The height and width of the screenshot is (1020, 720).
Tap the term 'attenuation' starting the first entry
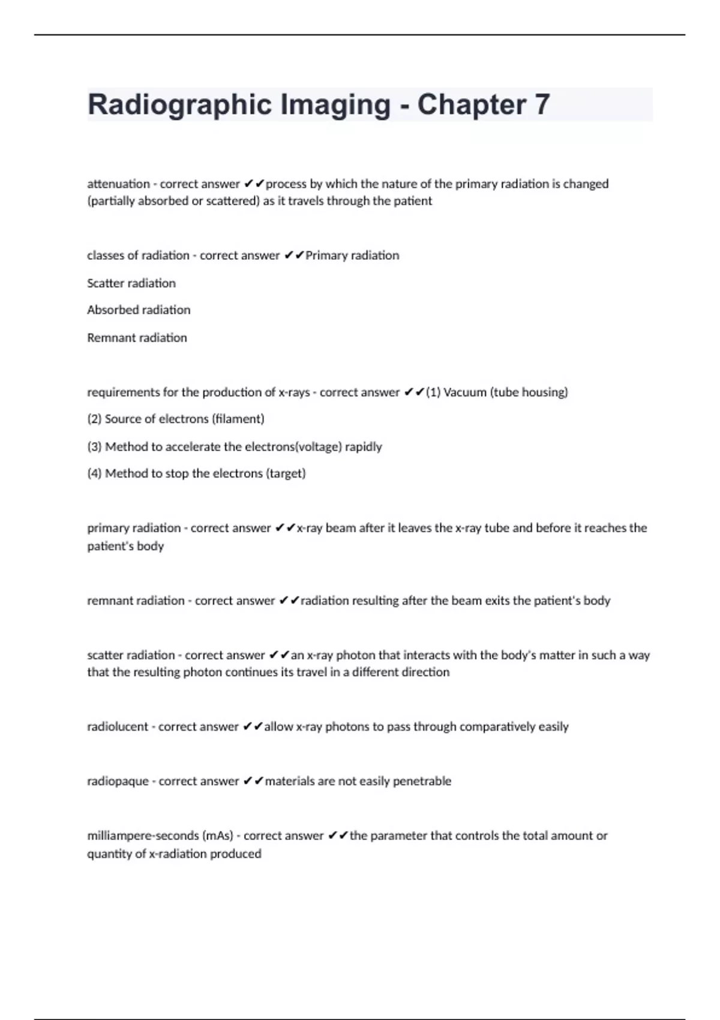click(118, 184)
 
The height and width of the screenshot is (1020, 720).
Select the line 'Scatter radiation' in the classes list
click(131, 283)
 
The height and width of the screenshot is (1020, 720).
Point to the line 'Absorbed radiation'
click(139, 310)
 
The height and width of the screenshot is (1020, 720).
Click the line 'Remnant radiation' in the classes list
click(137, 338)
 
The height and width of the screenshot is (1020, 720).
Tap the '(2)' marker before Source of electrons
click(94, 419)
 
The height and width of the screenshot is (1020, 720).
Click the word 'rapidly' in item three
click(363, 447)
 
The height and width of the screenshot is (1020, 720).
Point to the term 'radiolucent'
click(118, 727)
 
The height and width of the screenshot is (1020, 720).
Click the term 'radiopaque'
click(118, 781)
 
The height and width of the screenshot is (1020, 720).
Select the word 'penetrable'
click(422, 781)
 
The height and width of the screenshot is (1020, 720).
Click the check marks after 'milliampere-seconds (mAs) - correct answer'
click(338, 836)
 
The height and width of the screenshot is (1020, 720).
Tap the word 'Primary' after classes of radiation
click(326, 256)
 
